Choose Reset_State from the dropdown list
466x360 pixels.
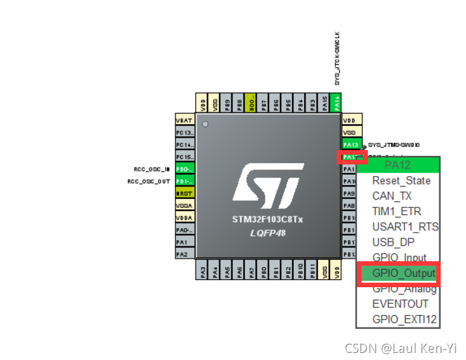[400, 180]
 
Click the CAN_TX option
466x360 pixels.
[392, 196]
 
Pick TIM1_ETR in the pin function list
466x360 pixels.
[396, 211]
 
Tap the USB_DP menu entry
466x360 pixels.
[393, 242]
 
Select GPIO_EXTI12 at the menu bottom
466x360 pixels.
[405, 319]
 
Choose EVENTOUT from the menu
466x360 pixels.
[400, 303]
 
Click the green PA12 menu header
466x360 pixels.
[398, 165]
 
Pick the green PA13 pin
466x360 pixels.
[351, 144]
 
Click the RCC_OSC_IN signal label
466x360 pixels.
[151, 169]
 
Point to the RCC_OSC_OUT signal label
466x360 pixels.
[149, 181]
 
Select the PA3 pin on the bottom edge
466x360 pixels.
[202, 271]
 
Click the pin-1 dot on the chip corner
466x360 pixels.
[206, 123]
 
